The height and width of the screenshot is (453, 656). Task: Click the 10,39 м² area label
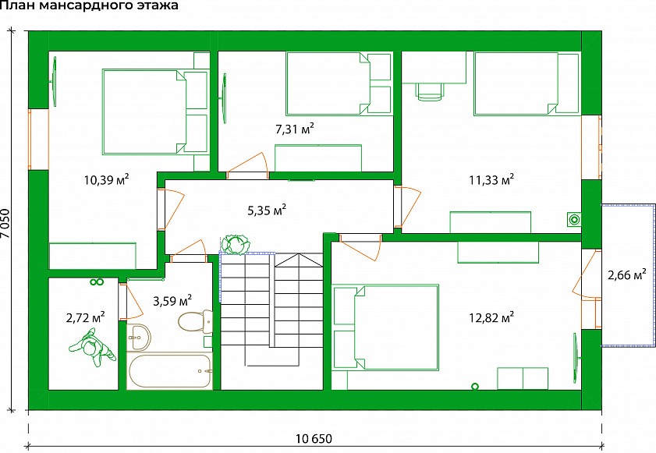[x=106, y=179]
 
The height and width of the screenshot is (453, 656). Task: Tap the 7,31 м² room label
[x=295, y=129]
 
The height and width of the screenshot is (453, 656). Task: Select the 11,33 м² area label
[x=491, y=179]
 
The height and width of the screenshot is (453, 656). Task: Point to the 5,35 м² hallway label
[x=267, y=210]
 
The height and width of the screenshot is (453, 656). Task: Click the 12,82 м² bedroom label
[x=491, y=317]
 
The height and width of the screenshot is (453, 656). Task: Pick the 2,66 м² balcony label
[x=626, y=274]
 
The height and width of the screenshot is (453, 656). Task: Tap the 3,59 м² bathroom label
[x=172, y=300]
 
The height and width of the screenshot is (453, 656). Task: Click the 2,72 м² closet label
[x=85, y=317]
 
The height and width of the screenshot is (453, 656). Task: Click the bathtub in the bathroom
[x=169, y=371]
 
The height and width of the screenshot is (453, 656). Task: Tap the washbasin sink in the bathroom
[x=138, y=337]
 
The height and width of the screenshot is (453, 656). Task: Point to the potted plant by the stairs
[x=236, y=244]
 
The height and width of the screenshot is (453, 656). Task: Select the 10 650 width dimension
[x=314, y=439]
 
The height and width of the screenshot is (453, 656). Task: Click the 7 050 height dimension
[x=5, y=223]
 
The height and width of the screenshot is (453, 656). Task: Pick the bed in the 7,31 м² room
[x=338, y=83]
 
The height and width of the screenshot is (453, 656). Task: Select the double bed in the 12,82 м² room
[x=385, y=327]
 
